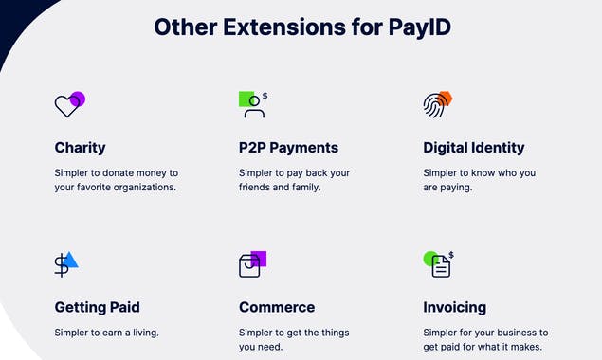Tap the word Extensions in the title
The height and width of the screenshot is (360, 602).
(x=274, y=27)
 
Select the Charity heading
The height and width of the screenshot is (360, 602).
(x=80, y=148)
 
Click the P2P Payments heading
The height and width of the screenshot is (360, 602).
(x=288, y=148)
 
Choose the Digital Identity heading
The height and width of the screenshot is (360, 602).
(x=473, y=148)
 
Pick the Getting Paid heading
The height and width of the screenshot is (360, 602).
(x=97, y=307)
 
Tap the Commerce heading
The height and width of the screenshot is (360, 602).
(x=277, y=307)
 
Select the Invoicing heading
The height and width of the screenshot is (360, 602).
(x=454, y=307)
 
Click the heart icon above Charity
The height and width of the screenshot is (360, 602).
(x=66, y=106)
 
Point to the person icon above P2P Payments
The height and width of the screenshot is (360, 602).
(x=254, y=107)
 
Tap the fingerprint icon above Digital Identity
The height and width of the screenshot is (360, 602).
(x=433, y=105)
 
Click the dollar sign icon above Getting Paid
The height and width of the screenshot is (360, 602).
(x=62, y=266)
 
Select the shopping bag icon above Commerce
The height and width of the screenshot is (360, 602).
(x=249, y=266)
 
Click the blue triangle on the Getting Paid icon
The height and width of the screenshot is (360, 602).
(x=70, y=261)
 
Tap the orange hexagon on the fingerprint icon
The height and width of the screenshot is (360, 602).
(x=445, y=98)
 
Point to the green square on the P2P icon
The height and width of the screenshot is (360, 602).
(x=246, y=99)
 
